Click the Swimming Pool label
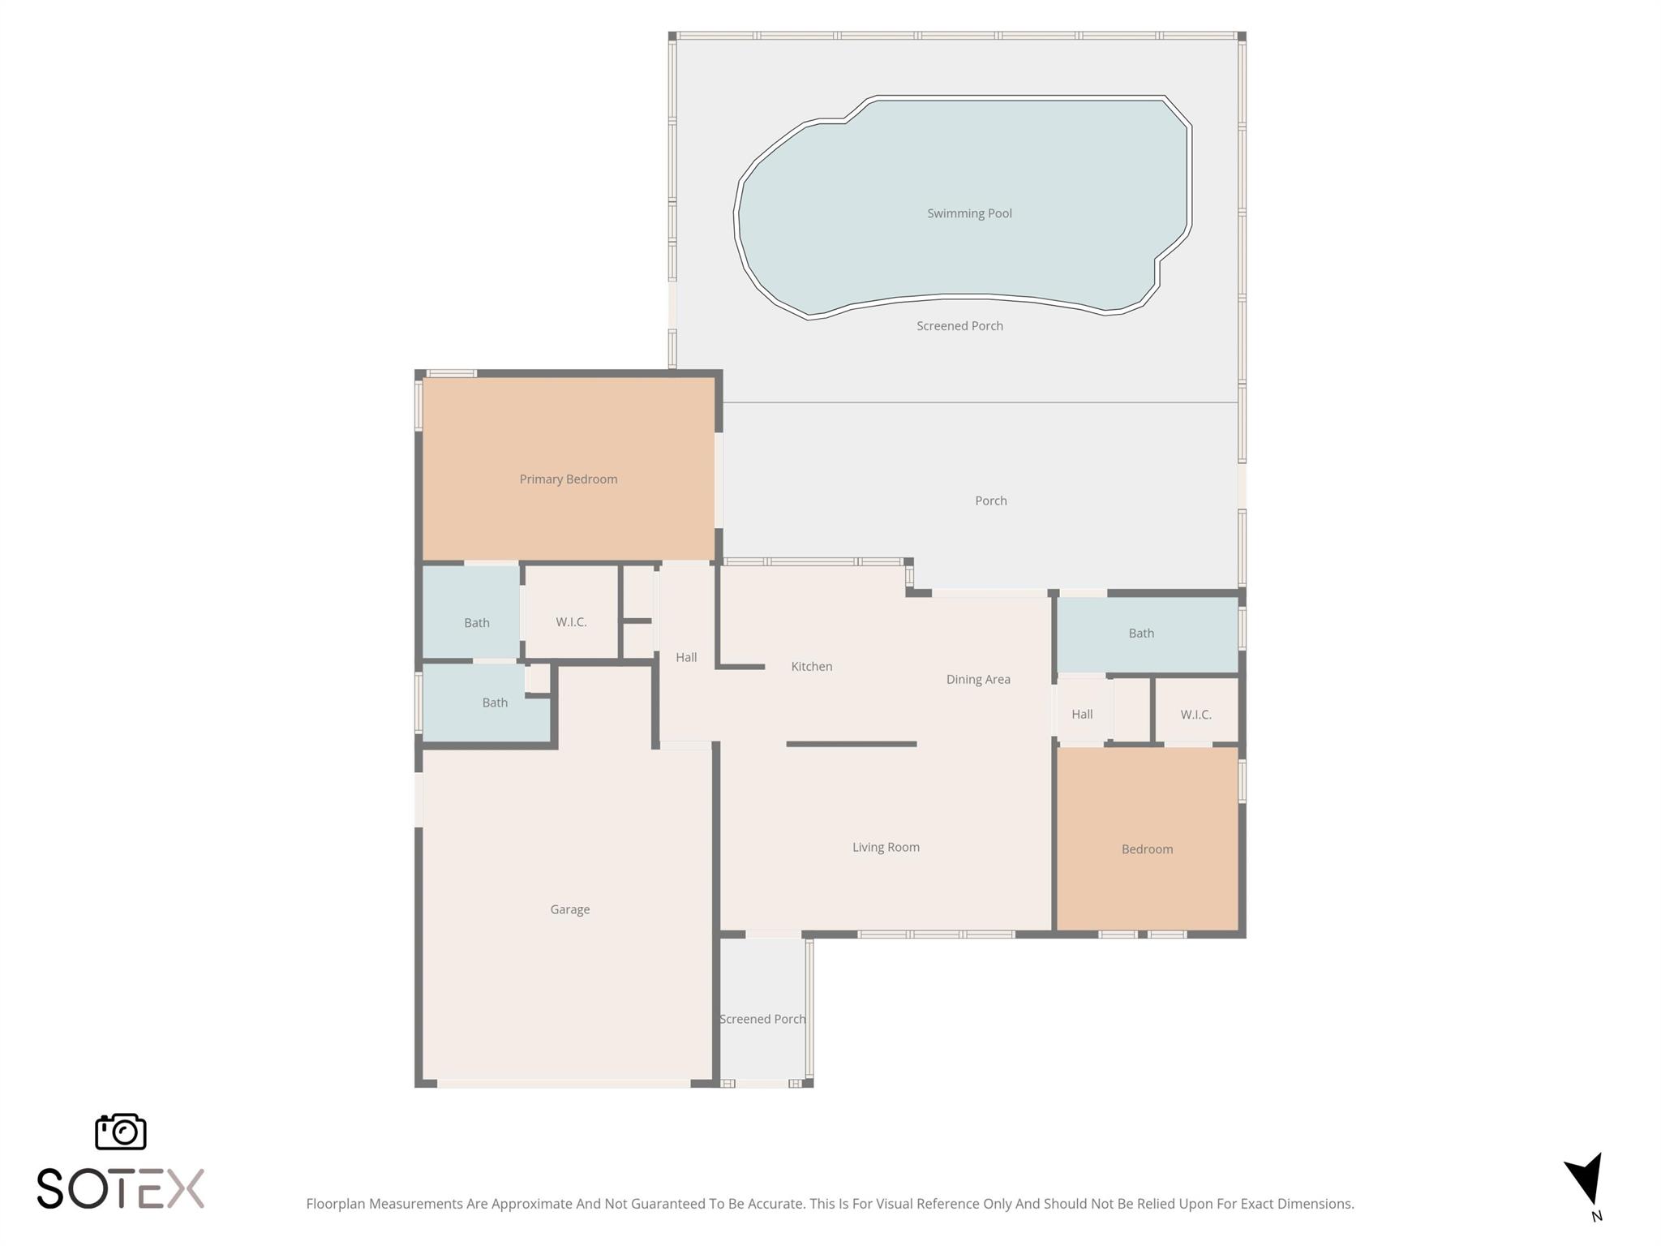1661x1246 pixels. (969, 213)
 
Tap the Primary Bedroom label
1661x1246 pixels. (569, 479)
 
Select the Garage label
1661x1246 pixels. (570, 909)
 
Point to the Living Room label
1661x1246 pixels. (886, 847)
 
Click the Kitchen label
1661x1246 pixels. (812, 666)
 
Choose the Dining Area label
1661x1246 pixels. (978, 679)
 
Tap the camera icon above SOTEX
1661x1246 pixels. (121, 1131)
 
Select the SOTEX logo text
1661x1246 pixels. (121, 1188)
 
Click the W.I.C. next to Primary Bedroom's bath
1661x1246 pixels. (571, 622)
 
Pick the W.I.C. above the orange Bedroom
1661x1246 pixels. (1195, 715)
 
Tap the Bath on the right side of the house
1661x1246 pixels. (1141, 634)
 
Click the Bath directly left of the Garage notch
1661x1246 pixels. (495, 702)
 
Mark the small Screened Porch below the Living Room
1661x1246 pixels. (762, 1019)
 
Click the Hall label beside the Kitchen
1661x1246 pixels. (686, 657)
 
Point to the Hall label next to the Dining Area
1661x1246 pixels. (1082, 714)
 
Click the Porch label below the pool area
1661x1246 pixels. (991, 501)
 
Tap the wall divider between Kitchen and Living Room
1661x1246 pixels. (852, 744)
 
